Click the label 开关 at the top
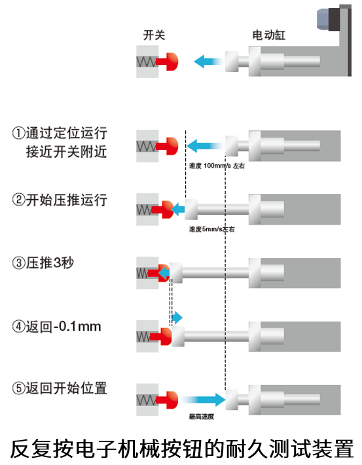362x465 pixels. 154,35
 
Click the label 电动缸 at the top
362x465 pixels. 269,35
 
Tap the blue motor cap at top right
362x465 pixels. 323,19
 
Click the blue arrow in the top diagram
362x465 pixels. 208,62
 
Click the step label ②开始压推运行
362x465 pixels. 60,200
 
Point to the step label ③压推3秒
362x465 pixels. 43,263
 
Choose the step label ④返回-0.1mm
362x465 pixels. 57,327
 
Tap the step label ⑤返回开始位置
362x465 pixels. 60,388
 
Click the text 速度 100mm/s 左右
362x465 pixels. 217,166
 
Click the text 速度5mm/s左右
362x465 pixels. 212,229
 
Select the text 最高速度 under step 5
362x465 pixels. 202,417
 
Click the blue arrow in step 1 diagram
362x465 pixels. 205,146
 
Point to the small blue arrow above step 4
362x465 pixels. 177,318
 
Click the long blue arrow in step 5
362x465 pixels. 204,400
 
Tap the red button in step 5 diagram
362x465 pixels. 168,400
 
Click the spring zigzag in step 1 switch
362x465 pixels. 146,146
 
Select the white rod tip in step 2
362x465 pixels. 191,210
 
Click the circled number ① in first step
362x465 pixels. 18,133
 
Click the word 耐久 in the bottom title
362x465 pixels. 247,449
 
